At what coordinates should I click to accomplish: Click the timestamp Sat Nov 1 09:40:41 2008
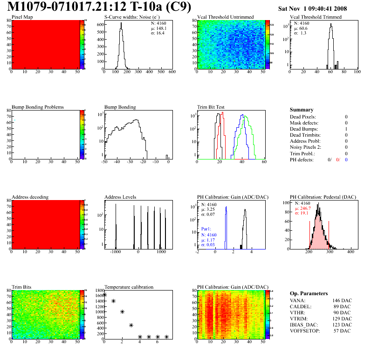[x=319, y=8]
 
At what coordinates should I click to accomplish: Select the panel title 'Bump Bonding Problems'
[x=38, y=107]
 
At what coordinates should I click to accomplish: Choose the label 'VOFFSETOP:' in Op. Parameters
[x=305, y=331]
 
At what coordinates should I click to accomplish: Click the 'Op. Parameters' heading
[x=309, y=293]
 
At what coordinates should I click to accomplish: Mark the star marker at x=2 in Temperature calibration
[x=122, y=312]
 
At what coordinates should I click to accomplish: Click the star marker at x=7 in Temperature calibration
[x=166, y=337]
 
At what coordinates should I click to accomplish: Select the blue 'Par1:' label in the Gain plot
[x=206, y=229]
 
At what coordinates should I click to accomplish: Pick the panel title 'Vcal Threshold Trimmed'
[x=316, y=17]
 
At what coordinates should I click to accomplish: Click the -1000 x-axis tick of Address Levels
[x=116, y=252]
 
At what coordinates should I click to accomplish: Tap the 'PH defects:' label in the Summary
[x=302, y=159]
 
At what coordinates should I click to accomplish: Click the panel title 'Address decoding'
[x=30, y=197]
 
